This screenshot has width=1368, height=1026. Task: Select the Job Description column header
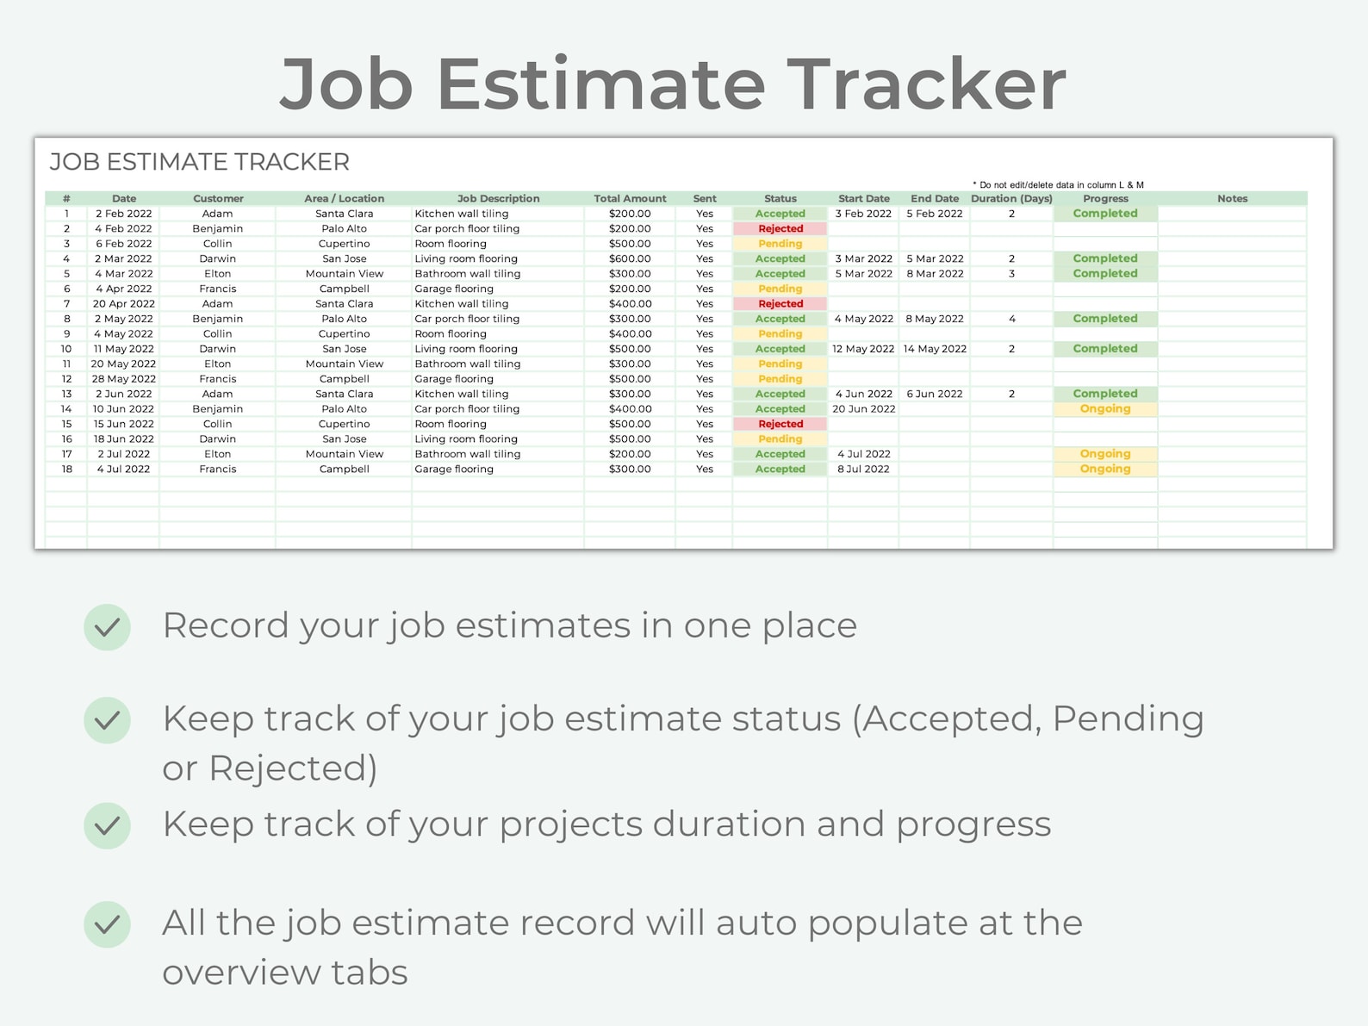tap(498, 198)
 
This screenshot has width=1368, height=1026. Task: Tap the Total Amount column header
tap(630, 198)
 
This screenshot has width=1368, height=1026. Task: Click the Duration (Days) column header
tap(1011, 198)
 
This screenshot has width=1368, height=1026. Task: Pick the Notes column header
tap(1232, 198)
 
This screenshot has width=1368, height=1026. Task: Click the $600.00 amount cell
tap(630, 258)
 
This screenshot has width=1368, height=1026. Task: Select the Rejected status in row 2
tap(780, 229)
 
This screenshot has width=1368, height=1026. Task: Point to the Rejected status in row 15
tap(780, 424)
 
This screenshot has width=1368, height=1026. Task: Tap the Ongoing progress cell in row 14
tap(1105, 409)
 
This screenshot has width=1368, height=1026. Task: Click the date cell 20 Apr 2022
tap(124, 304)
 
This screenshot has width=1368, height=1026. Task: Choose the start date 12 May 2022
tap(863, 349)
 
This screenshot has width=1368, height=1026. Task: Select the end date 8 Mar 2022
tap(935, 274)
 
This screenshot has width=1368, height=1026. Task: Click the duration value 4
tap(1012, 319)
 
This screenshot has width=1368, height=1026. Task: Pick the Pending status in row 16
tap(780, 439)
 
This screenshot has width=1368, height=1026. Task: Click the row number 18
tap(66, 469)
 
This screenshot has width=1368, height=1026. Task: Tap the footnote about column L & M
tap(1058, 185)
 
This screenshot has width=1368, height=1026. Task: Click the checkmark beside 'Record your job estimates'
tap(108, 626)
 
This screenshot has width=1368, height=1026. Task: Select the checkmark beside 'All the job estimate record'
tap(108, 924)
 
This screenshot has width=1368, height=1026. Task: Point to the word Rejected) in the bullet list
tap(293, 768)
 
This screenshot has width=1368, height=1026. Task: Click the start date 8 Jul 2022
tap(863, 469)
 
